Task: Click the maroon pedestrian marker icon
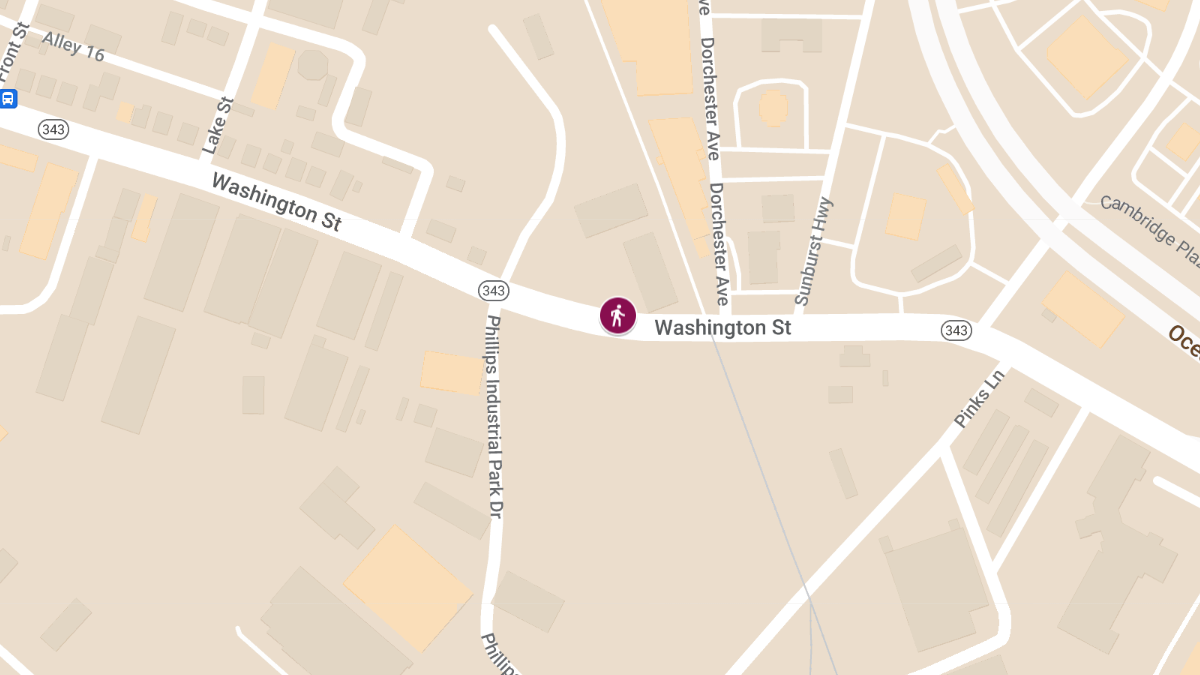tap(618, 316)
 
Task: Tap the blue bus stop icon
tap(8, 98)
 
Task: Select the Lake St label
tap(217, 125)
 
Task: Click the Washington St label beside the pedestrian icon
tap(722, 327)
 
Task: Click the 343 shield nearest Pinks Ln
tap(956, 330)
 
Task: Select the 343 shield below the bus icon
tap(52, 129)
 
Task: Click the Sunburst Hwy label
tap(813, 251)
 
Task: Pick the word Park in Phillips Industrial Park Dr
tap(493, 471)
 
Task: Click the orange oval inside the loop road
tap(773, 108)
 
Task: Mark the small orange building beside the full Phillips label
tap(452, 372)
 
